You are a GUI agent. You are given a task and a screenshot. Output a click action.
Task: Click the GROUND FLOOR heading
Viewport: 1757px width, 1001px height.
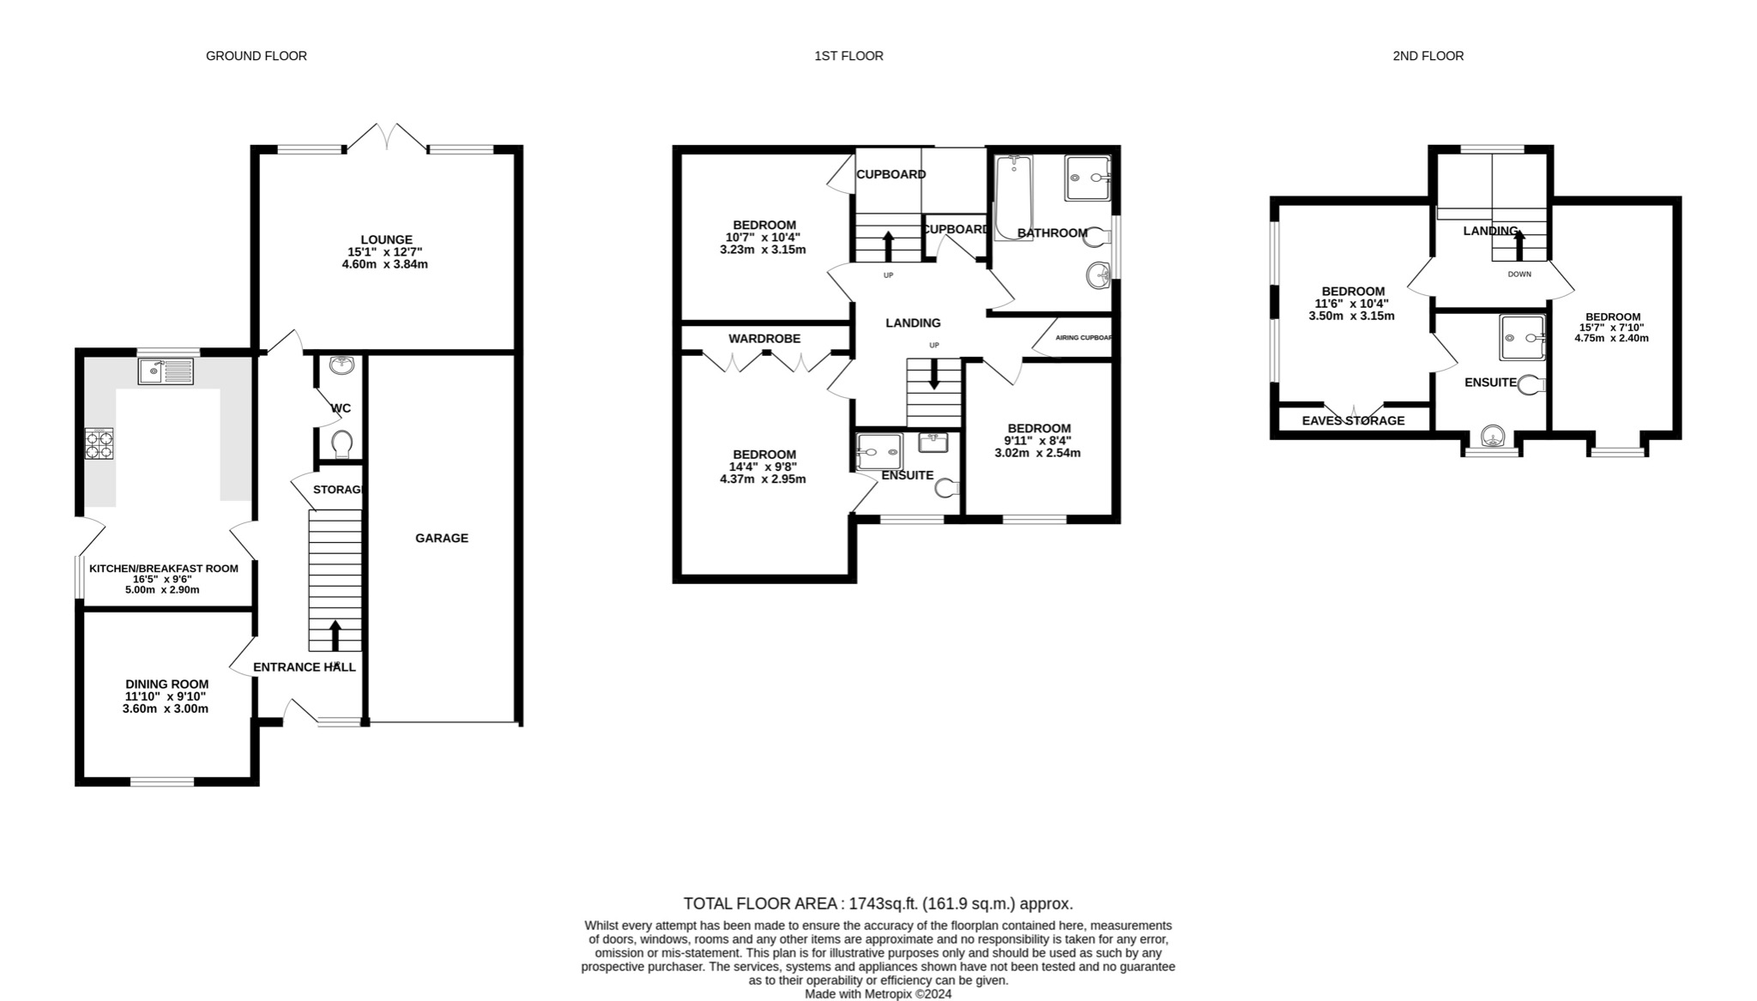tap(256, 56)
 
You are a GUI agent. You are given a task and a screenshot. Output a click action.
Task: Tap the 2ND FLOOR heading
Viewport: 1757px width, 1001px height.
tap(1428, 56)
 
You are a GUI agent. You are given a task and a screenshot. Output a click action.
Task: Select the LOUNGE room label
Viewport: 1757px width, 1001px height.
tap(386, 239)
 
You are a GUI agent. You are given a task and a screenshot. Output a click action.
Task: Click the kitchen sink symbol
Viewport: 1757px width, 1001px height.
tap(166, 371)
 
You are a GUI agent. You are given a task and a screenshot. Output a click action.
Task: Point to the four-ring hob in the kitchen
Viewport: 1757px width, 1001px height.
tap(99, 443)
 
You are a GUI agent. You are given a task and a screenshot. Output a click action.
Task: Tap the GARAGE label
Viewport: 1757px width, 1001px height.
tap(442, 538)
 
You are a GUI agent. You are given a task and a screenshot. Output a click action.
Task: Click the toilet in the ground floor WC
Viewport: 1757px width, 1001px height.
tap(341, 443)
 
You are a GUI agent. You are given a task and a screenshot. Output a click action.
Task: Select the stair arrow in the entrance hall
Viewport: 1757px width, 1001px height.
tap(335, 635)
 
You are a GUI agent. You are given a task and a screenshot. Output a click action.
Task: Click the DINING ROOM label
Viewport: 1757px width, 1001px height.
tap(166, 684)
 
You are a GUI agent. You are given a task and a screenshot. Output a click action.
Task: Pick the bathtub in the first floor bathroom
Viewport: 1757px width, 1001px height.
tap(1014, 196)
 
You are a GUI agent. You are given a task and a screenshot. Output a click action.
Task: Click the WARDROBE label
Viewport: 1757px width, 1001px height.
tap(764, 339)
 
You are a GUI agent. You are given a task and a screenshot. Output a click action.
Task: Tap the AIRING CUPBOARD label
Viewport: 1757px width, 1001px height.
tap(1084, 338)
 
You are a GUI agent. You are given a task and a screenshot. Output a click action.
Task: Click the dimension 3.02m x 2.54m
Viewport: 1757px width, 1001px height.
tap(1038, 453)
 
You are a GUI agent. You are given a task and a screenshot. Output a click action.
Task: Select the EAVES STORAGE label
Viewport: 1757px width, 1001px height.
tap(1353, 420)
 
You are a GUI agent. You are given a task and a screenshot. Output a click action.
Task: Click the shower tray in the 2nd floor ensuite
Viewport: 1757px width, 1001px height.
tap(1522, 337)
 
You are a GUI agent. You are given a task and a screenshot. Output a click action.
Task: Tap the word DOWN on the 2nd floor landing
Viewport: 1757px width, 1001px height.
tap(1519, 274)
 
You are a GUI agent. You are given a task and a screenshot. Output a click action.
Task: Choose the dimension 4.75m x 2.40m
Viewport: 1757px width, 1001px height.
tap(1611, 338)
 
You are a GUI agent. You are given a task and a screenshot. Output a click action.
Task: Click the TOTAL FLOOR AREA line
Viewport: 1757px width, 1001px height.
tap(878, 903)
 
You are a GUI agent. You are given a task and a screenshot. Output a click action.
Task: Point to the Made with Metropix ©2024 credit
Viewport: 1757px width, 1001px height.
tap(878, 994)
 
